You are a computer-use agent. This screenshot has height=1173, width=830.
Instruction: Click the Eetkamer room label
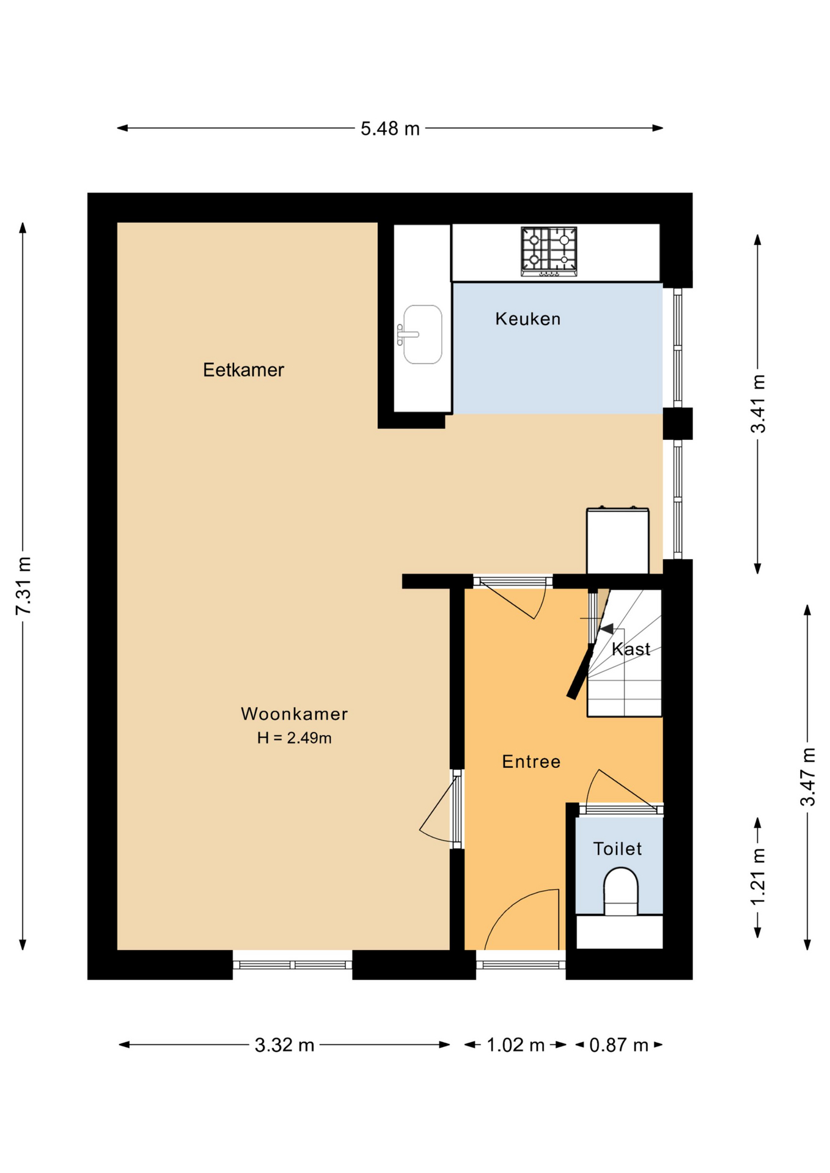pos(243,370)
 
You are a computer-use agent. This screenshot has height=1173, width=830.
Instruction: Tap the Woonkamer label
pos(294,714)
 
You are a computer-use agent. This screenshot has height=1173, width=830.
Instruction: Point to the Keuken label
pos(527,318)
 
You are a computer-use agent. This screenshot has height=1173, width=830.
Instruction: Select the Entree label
pos(531,761)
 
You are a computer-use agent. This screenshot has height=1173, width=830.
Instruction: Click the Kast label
pos(631,649)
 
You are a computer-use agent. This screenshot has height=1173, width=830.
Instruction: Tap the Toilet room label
pos(617,849)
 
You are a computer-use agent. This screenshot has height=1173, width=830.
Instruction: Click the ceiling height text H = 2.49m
pos(294,738)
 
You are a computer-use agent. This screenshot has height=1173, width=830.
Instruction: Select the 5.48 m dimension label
pos(390,128)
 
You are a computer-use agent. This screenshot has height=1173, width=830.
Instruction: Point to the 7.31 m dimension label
pos(23,585)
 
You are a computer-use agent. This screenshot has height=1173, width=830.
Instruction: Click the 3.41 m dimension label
pos(758,404)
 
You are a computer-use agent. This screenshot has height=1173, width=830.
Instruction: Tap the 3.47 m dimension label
pos(808,777)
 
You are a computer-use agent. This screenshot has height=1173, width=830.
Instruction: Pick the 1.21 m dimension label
pos(758,877)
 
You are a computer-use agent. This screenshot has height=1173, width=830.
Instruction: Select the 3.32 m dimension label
pos(284,1045)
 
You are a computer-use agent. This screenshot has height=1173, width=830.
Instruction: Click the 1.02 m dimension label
pos(515,1045)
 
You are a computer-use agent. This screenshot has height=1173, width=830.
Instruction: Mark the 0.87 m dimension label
pos(619,1045)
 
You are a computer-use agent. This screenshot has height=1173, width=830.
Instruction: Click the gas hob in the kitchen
pos(549,251)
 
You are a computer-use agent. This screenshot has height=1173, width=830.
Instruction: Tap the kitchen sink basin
pos(422,334)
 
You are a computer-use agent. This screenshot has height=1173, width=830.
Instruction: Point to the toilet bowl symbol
pos(620,891)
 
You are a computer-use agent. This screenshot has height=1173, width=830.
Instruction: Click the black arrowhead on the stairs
pos(606,628)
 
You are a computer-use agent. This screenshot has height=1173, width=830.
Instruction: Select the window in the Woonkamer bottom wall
pos(292,965)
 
